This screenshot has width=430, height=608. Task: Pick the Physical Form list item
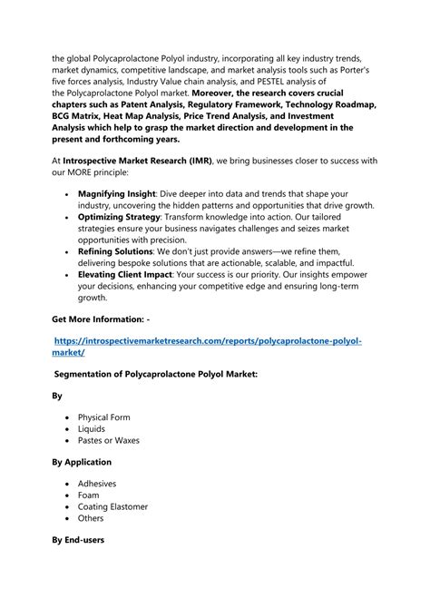(103, 417)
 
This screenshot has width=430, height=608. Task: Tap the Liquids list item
(92, 428)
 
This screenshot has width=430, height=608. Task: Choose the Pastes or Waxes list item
(109, 440)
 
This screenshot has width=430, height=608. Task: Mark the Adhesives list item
(97, 484)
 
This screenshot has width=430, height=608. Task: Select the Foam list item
(89, 495)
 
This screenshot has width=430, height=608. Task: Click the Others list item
(91, 518)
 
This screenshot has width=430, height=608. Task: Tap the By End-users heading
(78, 540)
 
